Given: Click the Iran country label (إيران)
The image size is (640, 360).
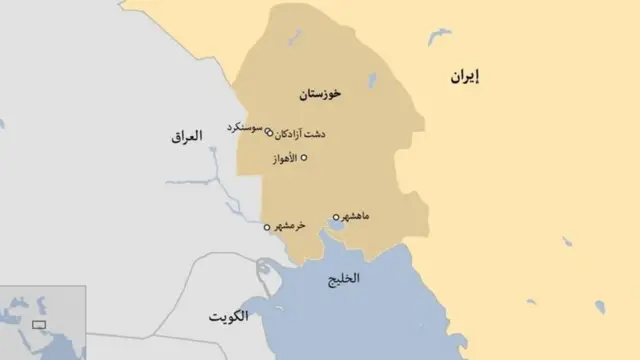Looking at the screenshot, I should tap(464, 77).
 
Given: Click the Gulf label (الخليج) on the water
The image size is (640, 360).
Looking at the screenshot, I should tap(343, 279).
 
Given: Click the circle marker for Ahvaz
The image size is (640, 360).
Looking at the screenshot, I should tap(305, 158).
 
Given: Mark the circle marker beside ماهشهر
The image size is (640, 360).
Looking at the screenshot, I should tap(336, 216).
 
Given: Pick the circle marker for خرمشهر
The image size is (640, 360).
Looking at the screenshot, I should tap(267, 227).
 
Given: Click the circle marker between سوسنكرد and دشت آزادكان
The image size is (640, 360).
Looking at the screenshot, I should tap(269, 131).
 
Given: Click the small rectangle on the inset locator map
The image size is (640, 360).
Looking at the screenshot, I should tap(40, 324).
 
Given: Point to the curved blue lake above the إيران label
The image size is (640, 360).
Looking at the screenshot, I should tap(439, 37).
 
